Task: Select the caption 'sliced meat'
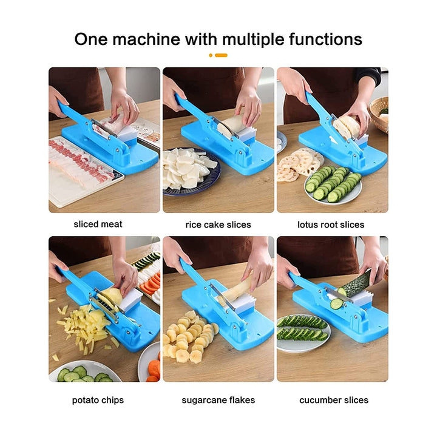tap(98, 224)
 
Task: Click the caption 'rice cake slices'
tap(218, 225)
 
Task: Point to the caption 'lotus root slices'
tap(331, 225)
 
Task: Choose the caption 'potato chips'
tap(98, 400)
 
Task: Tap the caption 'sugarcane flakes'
tap(218, 400)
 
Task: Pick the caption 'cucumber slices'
tap(333, 400)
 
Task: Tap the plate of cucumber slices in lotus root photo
tap(333, 185)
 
